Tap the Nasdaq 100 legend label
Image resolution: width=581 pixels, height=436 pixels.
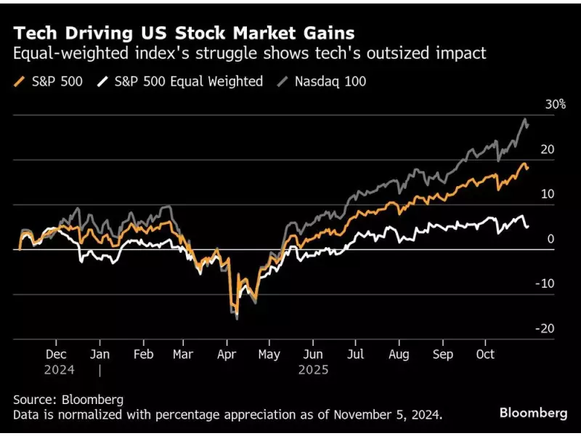(330, 81)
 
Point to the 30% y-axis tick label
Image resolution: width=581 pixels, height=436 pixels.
(555, 105)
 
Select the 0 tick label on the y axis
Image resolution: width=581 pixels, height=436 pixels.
(550, 239)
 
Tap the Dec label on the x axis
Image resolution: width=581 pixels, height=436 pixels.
(57, 354)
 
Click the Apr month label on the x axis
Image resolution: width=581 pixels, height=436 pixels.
(227, 354)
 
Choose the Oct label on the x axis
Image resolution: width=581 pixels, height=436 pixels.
(484, 354)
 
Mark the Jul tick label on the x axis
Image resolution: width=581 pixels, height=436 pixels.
(355, 354)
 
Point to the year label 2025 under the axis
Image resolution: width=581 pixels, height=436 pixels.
(313, 369)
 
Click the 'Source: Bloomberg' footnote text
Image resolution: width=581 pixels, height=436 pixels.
(68, 400)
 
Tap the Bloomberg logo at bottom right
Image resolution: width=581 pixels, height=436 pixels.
(532, 413)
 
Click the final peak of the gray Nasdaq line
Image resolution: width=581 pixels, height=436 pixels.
(524, 119)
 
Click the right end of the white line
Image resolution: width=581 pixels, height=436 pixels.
(527, 227)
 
